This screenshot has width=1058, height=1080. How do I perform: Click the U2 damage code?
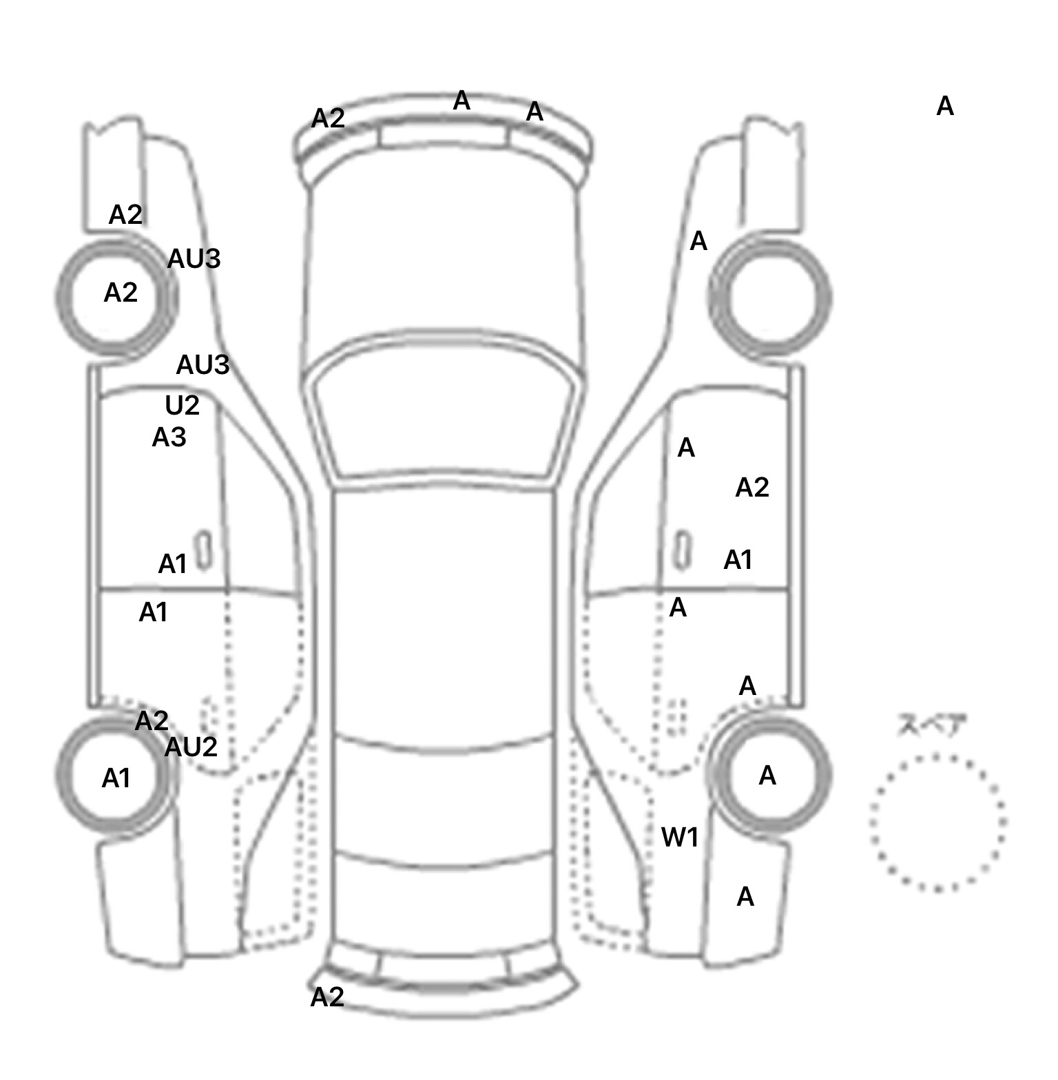click(x=182, y=406)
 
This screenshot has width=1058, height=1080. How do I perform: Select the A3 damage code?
click(x=169, y=437)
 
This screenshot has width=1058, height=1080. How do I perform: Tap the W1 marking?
click(x=680, y=838)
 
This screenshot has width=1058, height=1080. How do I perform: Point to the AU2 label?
click(x=191, y=747)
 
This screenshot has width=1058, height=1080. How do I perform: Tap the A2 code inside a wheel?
click(x=121, y=293)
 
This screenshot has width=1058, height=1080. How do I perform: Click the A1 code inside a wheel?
click(x=116, y=778)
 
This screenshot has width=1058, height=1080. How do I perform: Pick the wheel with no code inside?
click(x=770, y=298)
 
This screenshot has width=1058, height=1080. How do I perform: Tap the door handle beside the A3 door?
click(x=203, y=550)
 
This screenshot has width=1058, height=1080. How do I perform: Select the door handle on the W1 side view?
click(x=682, y=550)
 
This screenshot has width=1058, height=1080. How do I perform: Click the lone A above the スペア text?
click(x=945, y=106)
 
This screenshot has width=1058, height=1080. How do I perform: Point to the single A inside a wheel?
click(x=767, y=776)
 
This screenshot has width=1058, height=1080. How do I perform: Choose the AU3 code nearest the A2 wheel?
click(x=194, y=259)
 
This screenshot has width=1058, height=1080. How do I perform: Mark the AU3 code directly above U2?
click(x=203, y=365)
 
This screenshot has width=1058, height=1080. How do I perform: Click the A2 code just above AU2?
click(x=152, y=721)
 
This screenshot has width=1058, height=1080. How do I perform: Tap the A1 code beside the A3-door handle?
click(x=172, y=564)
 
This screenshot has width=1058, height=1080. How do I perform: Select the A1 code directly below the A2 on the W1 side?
click(x=738, y=560)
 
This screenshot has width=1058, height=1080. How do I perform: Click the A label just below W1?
click(x=745, y=897)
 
